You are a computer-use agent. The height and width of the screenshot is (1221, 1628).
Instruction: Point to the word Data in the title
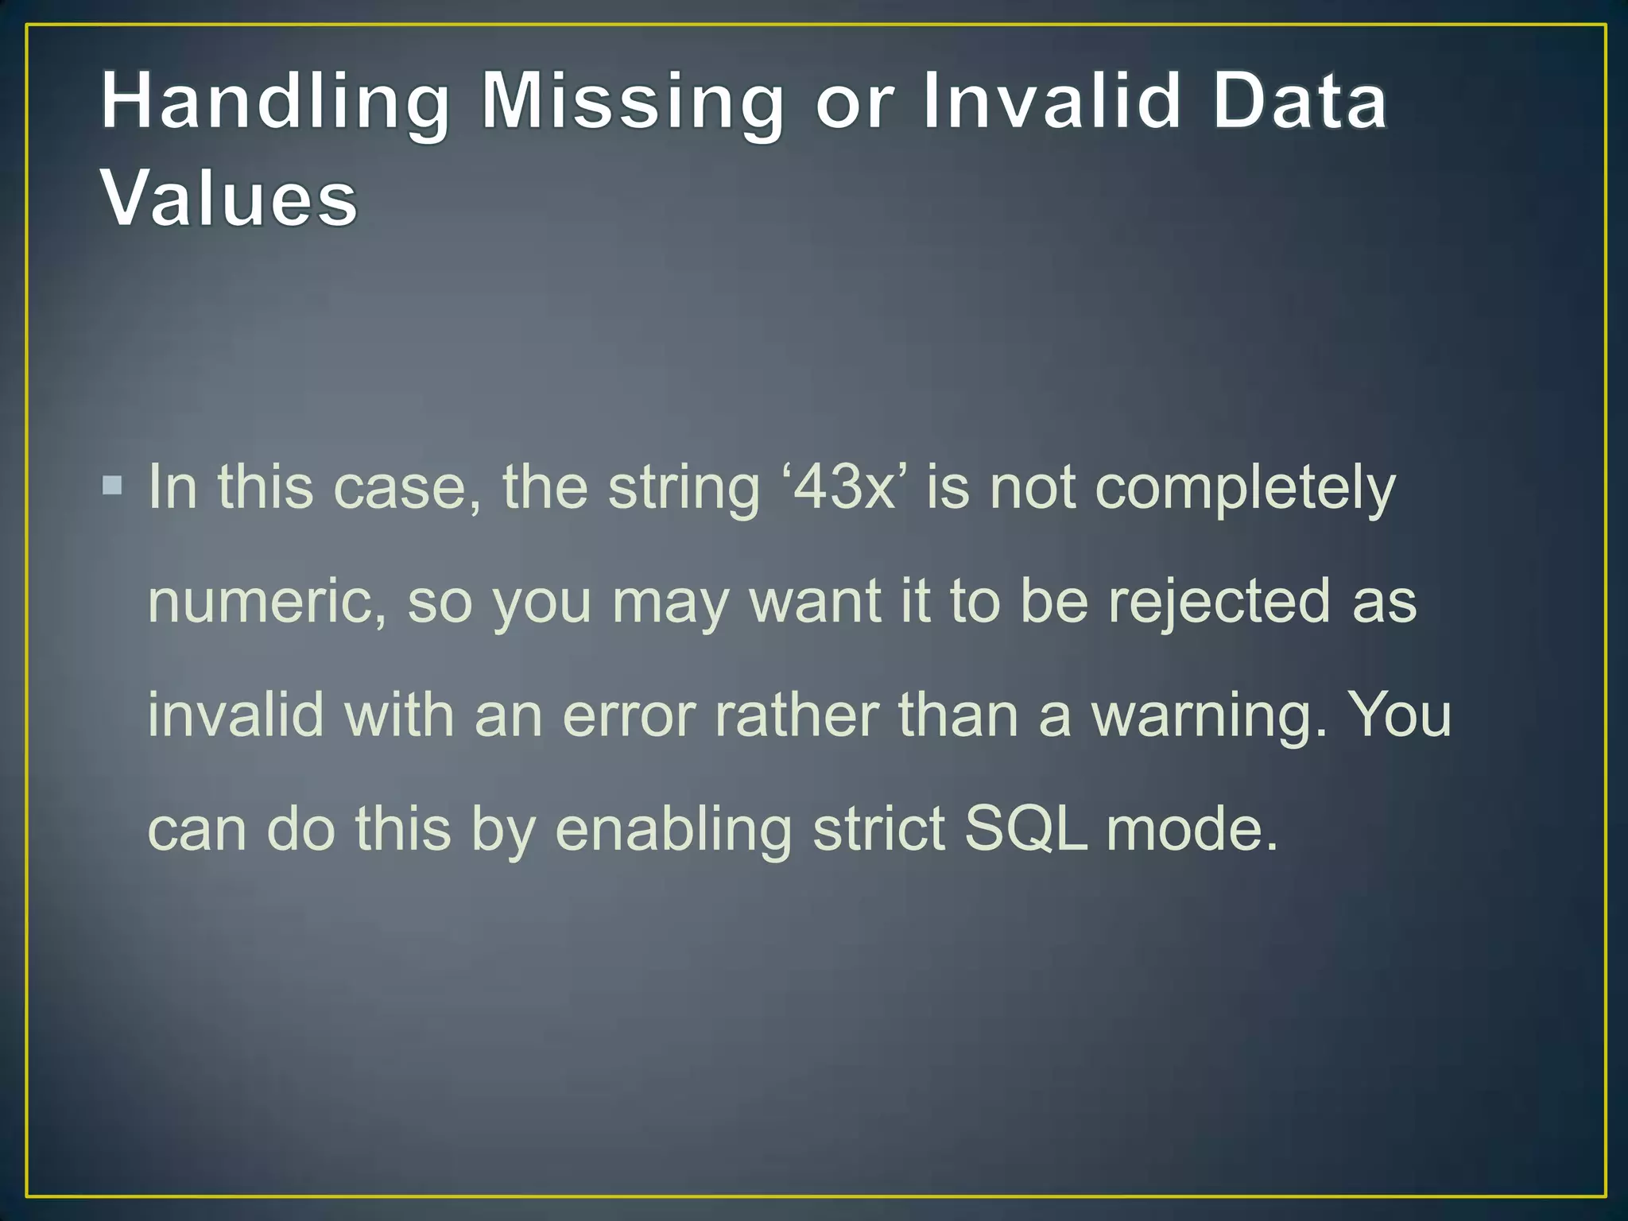click(x=1300, y=102)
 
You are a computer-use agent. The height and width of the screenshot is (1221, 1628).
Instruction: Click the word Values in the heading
click(x=230, y=198)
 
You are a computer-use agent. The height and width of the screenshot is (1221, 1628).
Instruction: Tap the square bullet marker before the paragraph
click(x=113, y=484)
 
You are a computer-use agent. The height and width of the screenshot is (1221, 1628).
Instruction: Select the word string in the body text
click(x=684, y=488)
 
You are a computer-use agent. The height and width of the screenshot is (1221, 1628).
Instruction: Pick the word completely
click(x=1245, y=488)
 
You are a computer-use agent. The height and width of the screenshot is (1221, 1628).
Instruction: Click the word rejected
click(x=1219, y=602)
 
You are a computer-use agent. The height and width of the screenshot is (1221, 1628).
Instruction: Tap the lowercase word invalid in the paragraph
click(x=236, y=714)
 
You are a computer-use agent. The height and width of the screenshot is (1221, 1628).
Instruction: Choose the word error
click(x=629, y=715)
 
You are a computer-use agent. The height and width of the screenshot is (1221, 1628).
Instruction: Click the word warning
click(x=1208, y=715)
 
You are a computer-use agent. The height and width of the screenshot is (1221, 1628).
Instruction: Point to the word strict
click(x=879, y=828)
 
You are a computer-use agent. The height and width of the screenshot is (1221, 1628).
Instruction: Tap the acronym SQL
click(x=1025, y=829)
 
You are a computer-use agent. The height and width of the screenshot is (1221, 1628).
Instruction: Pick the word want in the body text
click(x=816, y=602)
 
